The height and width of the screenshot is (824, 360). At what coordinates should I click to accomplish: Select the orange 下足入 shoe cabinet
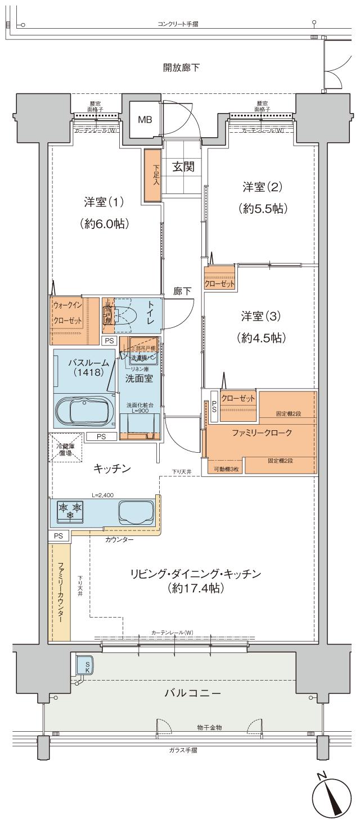pos(151,175)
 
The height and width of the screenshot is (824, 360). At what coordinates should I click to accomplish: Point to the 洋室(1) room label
pos(103,201)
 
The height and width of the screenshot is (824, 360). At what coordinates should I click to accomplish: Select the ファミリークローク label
pos(261,434)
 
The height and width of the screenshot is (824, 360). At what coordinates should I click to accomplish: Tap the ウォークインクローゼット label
pos(67,313)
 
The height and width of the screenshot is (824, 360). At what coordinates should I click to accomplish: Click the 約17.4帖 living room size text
pos(196,589)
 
